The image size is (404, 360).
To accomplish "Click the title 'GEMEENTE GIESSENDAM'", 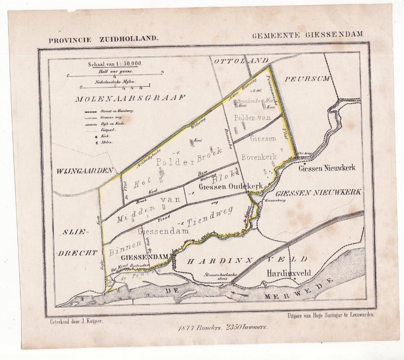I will click(x=307, y=34).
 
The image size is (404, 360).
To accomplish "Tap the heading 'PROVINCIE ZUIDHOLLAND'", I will click(x=103, y=40).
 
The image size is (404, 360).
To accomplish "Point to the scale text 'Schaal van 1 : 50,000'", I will click(x=110, y=63).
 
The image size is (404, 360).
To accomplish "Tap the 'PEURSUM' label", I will click(x=307, y=78).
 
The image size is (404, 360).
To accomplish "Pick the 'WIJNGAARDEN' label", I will click(x=85, y=171).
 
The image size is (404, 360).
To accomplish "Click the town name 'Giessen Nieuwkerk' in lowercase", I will click(x=327, y=168).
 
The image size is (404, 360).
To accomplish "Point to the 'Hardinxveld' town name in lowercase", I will click(x=289, y=273).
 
